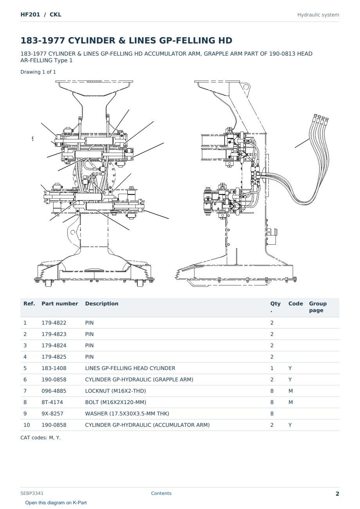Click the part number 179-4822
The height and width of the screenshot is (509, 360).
point(54,323)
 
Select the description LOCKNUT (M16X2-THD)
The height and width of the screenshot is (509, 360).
point(115,391)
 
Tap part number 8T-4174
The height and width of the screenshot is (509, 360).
point(52,402)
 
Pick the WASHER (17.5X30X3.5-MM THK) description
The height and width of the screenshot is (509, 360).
point(127,413)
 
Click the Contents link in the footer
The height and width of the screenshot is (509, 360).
point(161,493)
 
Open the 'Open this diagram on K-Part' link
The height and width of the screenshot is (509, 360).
point(56,503)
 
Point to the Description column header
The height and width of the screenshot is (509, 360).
point(101,303)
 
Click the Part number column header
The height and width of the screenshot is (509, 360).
point(60,303)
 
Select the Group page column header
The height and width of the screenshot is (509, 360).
point(318,307)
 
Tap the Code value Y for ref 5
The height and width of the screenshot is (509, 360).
point(290,368)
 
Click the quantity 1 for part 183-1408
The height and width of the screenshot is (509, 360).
point(272,368)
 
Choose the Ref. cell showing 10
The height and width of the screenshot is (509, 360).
point(27,425)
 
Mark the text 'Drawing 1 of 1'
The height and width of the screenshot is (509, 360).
point(38,72)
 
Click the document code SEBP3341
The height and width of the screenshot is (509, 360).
point(32,493)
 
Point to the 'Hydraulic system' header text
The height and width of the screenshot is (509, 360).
point(318,15)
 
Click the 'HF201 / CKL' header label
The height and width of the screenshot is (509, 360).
point(41,14)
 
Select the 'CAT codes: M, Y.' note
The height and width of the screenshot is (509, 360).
point(40,438)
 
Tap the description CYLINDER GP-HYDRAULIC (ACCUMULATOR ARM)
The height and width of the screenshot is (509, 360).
point(147,425)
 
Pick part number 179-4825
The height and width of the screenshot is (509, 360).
point(54,357)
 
